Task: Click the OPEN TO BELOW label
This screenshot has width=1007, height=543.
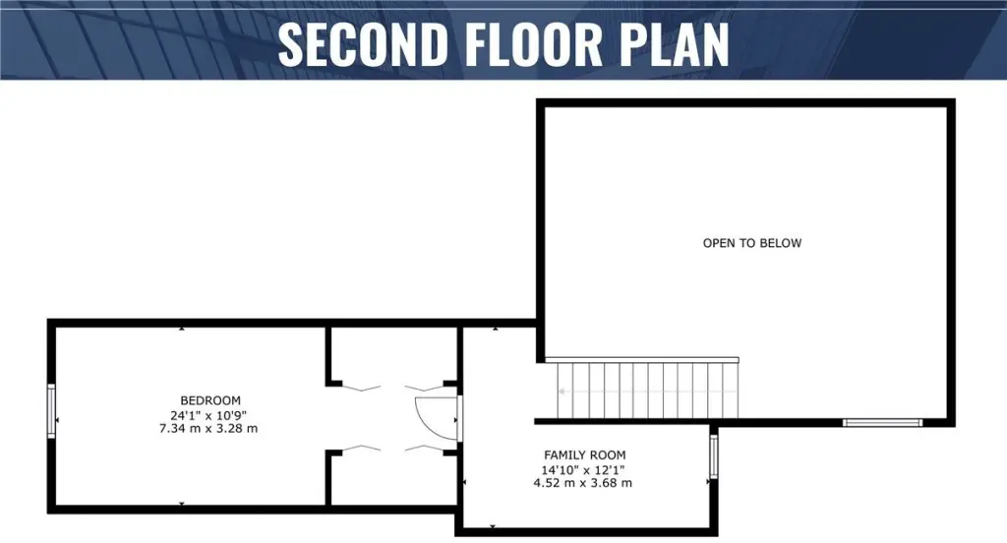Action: (x=752, y=243)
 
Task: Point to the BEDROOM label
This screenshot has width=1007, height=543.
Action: (x=210, y=400)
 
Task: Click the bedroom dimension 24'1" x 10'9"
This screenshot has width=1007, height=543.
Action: (x=208, y=415)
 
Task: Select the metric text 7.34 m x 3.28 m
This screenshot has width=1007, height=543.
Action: (x=208, y=429)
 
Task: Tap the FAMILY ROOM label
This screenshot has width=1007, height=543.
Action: (x=584, y=455)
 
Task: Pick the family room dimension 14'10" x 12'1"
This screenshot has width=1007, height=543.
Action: (x=583, y=470)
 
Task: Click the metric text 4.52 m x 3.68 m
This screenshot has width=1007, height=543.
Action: (x=582, y=483)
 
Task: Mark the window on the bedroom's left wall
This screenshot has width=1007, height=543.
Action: (x=51, y=411)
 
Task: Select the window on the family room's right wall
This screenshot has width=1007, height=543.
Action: (x=713, y=456)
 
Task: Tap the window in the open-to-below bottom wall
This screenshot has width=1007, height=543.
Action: (x=882, y=423)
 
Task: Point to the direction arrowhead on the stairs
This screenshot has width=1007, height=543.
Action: (x=562, y=392)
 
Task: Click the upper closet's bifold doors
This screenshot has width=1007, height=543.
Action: (x=392, y=388)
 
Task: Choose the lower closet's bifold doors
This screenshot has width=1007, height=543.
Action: (x=392, y=448)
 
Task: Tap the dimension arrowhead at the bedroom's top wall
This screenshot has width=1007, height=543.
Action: (x=182, y=329)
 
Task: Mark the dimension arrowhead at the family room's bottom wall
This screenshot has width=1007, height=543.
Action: (x=493, y=526)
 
